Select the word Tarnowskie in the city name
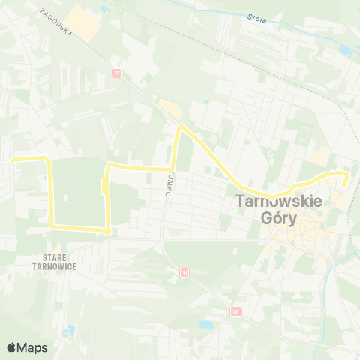click(x=279, y=202)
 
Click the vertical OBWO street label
click(x=171, y=184)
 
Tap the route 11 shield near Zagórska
click(x=116, y=73)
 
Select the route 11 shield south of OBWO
click(x=184, y=273)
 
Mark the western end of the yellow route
click(x=10, y=159)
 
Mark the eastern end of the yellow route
click(x=345, y=182)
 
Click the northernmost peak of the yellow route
click(x=180, y=127)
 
